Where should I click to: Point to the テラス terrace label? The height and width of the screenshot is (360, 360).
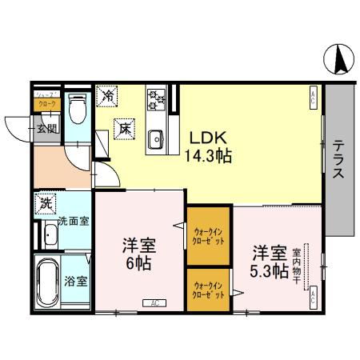coord(339,160)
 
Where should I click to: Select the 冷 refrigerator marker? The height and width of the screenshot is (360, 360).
coord(107,96)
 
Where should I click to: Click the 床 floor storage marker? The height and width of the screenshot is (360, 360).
coord(125,126)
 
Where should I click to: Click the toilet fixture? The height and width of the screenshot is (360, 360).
coord(78,106)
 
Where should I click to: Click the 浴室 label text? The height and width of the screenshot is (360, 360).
coord(77,281)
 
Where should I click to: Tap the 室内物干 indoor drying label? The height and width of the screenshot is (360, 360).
coord(297,264)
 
